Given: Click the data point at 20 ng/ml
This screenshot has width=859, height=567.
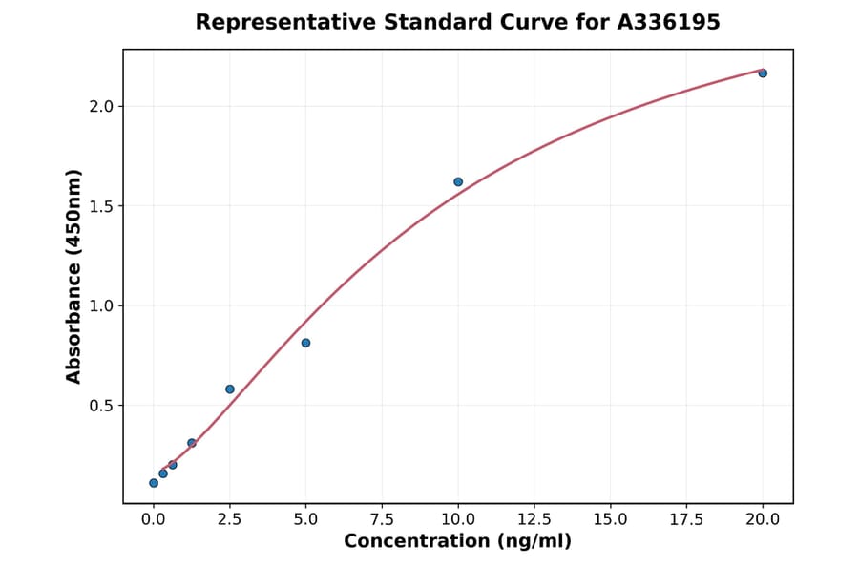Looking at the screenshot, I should (763, 73).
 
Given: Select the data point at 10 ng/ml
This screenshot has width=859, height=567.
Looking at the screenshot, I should (458, 181).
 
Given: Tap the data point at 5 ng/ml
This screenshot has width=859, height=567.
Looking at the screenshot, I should (305, 343).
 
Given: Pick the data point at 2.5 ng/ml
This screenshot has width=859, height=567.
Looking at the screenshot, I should (230, 388).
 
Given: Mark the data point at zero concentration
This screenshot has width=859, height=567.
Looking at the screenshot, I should (154, 483).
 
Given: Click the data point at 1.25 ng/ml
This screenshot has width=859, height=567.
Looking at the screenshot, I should (192, 443).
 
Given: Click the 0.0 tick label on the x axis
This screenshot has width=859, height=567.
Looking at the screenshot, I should (154, 519).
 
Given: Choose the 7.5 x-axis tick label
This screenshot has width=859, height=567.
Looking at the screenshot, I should (382, 519).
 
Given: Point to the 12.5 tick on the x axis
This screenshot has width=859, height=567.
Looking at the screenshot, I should (534, 519).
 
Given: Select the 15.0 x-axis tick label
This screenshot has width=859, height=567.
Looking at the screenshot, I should (611, 519).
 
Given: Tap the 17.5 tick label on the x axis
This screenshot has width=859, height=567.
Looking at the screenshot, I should (686, 519).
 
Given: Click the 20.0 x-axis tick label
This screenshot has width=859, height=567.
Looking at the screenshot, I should (763, 519).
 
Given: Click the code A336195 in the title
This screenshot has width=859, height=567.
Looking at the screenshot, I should (667, 22).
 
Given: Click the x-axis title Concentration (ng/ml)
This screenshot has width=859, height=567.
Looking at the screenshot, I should (457, 542).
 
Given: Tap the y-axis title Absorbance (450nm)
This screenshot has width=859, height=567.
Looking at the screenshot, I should (74, 276).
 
